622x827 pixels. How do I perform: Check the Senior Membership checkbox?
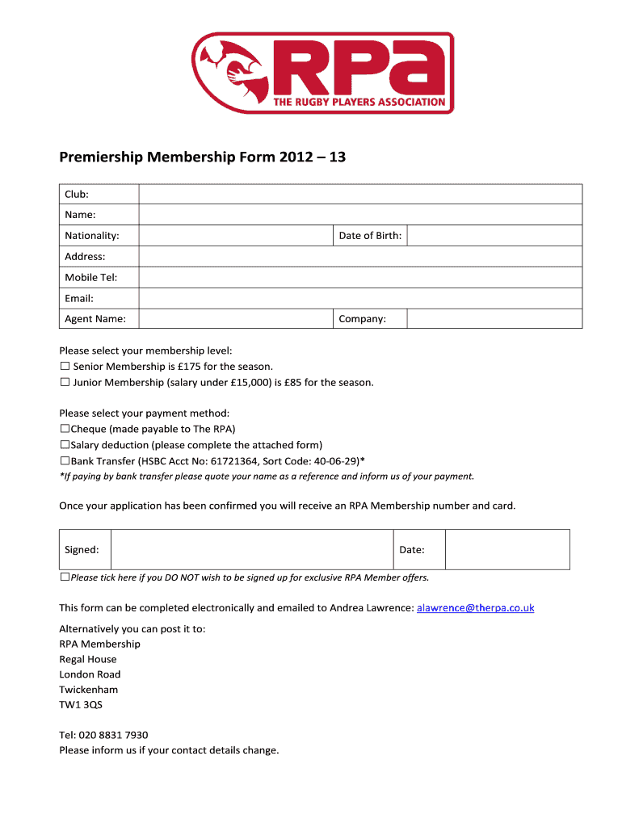pyautogui.click(x=65, y=367)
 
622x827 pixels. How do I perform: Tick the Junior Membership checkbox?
pyautogui.click(x=65, y=383)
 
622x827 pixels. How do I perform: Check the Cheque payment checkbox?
pyautogui.click(x=65, y=430)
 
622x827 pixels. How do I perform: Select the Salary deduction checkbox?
pyautogui.click(x=65, y=445)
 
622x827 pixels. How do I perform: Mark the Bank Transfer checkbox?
pyautogui.click(x=65, y=461)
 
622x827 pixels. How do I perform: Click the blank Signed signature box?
pyautogui.click(x=251, y=549)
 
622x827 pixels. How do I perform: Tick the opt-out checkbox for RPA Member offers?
pyautogui.click(x=65, y=578)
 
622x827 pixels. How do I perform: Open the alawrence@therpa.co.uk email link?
pyautogui.click(x=476, y=607)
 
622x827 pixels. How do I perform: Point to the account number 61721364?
pyautogui.click(x=233, y=461)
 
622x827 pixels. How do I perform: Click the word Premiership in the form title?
pyautogui.click(x=101, y=157)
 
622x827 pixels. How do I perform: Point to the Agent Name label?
pyautogui.click(x=95, y=319)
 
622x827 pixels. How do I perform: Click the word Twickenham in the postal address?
pyautogui.click(x=89, y=690)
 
